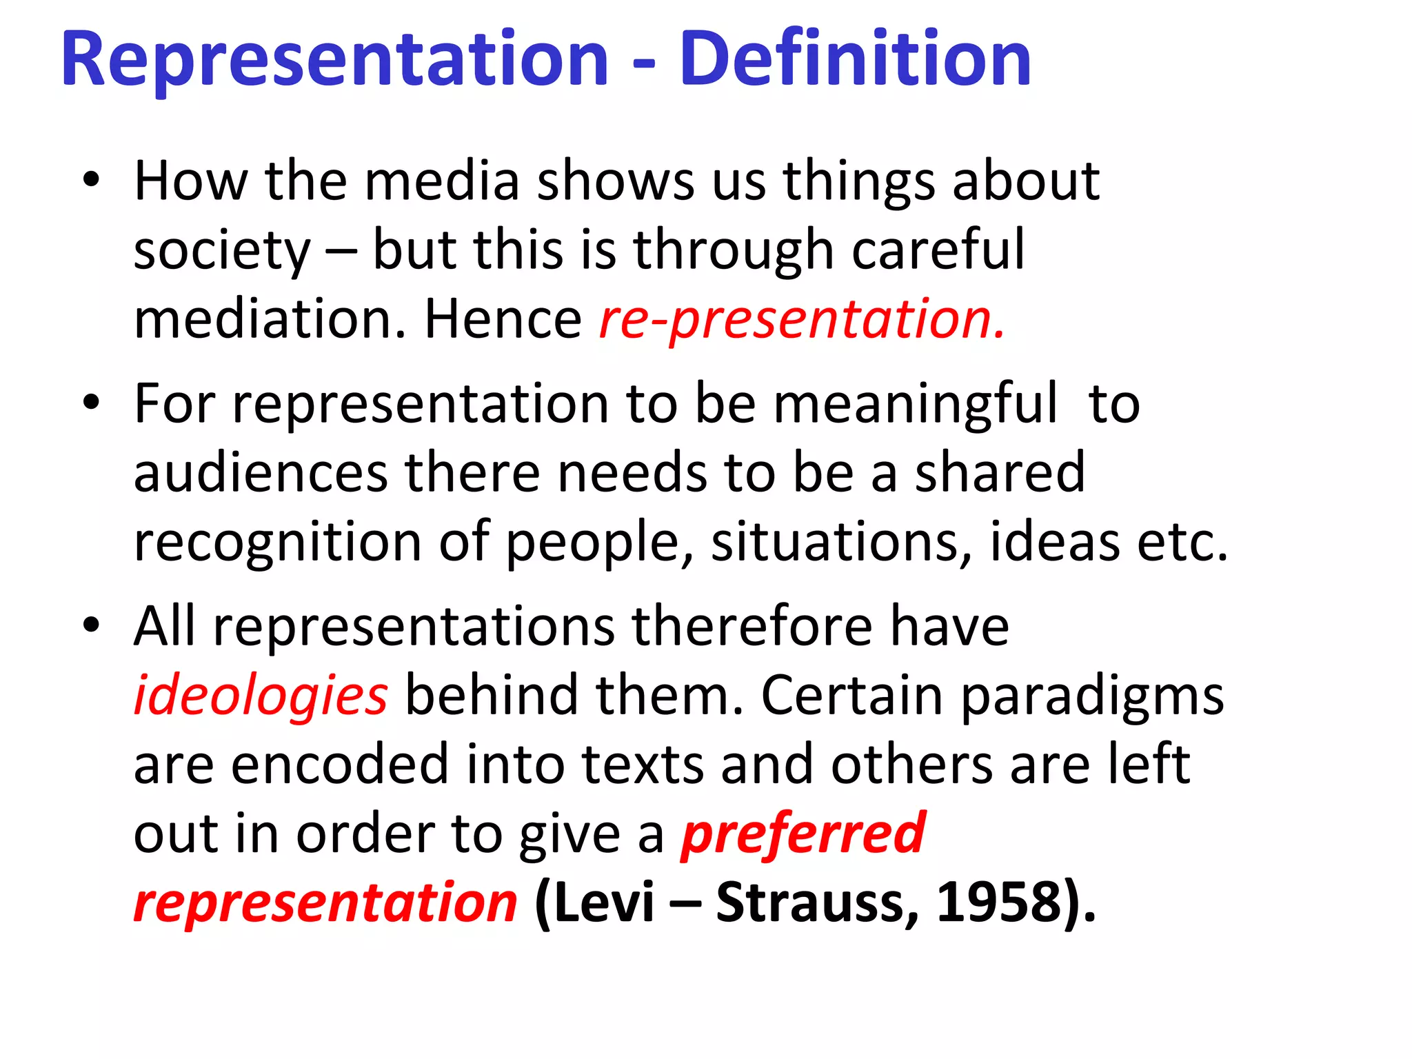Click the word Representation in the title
pos(335,61)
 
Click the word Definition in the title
pos(855,61)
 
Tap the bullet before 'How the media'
pos(91,181)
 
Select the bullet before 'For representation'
pos(91,403)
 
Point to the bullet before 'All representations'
pos(91,626)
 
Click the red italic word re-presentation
pos(802,321)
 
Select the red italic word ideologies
pos(261,696)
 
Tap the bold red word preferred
pos(803,835)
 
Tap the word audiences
pos(261,474)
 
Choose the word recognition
pos(277,543)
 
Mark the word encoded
pos(339,765)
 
